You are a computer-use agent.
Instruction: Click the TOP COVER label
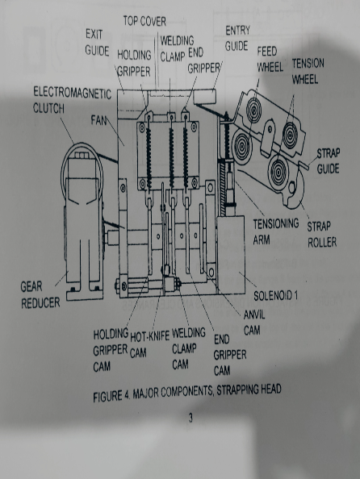(x=144, y=21)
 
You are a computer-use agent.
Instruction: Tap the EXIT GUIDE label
(x=97, y=42)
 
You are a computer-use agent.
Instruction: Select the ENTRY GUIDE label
(x=237, y=38)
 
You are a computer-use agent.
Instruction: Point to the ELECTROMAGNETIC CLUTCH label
(x=72, y=100)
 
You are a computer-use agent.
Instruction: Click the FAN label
(x=98, y=120)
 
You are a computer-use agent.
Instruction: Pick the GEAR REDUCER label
(x=40, y=295)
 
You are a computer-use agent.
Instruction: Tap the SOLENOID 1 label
(x=275, y=295)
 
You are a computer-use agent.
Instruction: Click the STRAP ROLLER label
(x=322, y=235)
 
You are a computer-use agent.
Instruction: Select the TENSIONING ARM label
(x=276, y=231)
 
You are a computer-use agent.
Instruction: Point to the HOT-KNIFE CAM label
(x=149, y=345)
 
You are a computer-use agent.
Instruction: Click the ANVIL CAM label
(x=254, y=323)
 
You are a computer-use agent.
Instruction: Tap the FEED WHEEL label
(x=270, y=59)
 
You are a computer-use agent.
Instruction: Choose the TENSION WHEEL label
(x=308, y=71)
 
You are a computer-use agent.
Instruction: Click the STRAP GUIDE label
(x=328, y=160)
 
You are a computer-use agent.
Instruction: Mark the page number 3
(x=190, y=418)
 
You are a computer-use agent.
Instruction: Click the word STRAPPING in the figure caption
(x=237, y=390)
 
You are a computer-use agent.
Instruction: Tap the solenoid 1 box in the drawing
(x=231, y=254)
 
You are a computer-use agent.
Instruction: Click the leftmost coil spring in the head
(x=149, y=158)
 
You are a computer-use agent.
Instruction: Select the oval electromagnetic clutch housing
(x=82, y=171)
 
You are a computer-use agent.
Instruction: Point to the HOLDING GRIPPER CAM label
(x=111, y=350)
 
